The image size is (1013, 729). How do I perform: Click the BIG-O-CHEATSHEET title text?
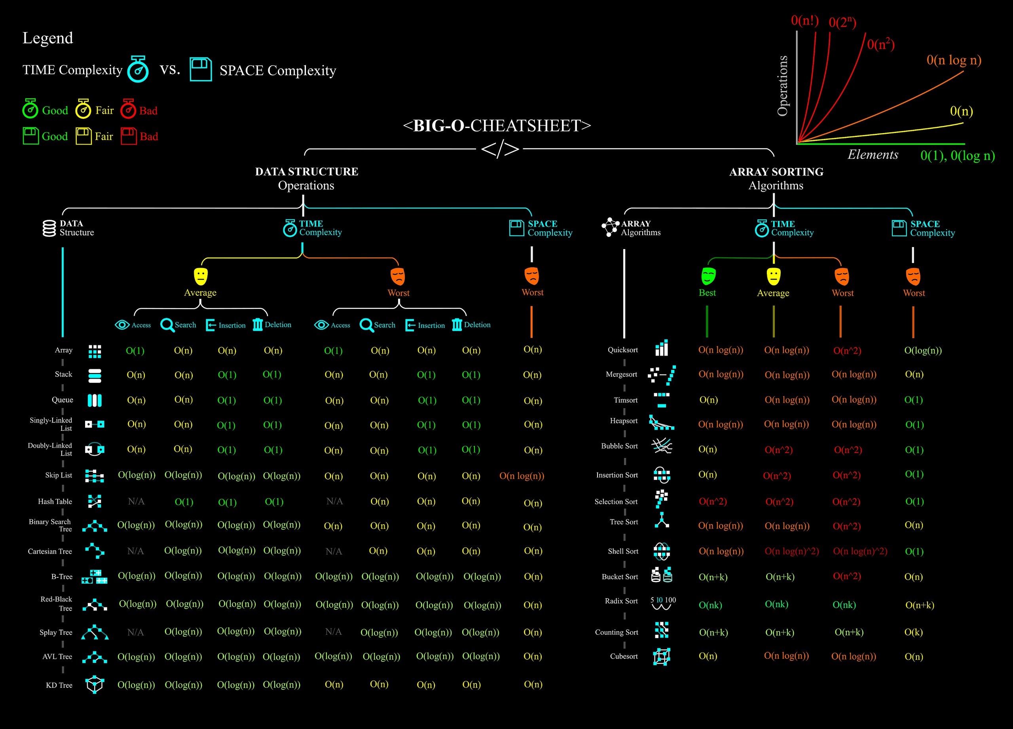click(497, 126)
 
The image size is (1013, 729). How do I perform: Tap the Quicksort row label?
click(622, 350)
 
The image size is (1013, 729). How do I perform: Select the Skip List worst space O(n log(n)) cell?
click(522, 476)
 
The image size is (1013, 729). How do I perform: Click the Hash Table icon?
click(95, 501)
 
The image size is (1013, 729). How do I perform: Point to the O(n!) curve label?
click(804, 21)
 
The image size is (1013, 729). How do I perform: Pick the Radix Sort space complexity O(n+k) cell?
click(920, 605)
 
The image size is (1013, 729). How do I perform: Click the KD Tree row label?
click(59, 685)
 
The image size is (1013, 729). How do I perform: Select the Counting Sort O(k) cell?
click(913, 632)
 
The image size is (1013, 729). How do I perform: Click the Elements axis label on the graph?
click(873, 155)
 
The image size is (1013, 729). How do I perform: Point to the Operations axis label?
click(783, 86)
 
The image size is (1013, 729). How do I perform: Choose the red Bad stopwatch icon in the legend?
click(128, 109)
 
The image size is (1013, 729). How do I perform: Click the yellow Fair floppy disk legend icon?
click(83, 136)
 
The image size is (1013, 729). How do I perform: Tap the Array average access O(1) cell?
click(135, 351)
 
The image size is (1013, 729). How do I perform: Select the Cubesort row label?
click(624, 656)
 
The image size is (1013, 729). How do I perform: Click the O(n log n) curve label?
click(954, 60)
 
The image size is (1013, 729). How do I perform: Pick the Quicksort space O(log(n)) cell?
click(923, 350)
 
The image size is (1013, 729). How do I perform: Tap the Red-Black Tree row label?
click(56, 603)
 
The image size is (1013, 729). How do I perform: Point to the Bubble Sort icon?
click(662, 446)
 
